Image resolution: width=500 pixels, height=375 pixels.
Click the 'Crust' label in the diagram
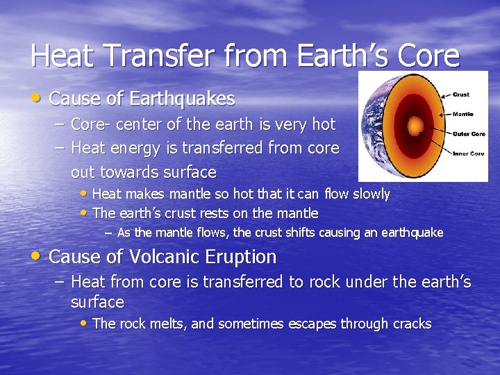pos(460,94)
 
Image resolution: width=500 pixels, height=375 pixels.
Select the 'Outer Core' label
pos(468,133)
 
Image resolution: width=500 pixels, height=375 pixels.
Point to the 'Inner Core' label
pos(468,153)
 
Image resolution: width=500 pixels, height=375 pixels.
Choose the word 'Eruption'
pos(241,257)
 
